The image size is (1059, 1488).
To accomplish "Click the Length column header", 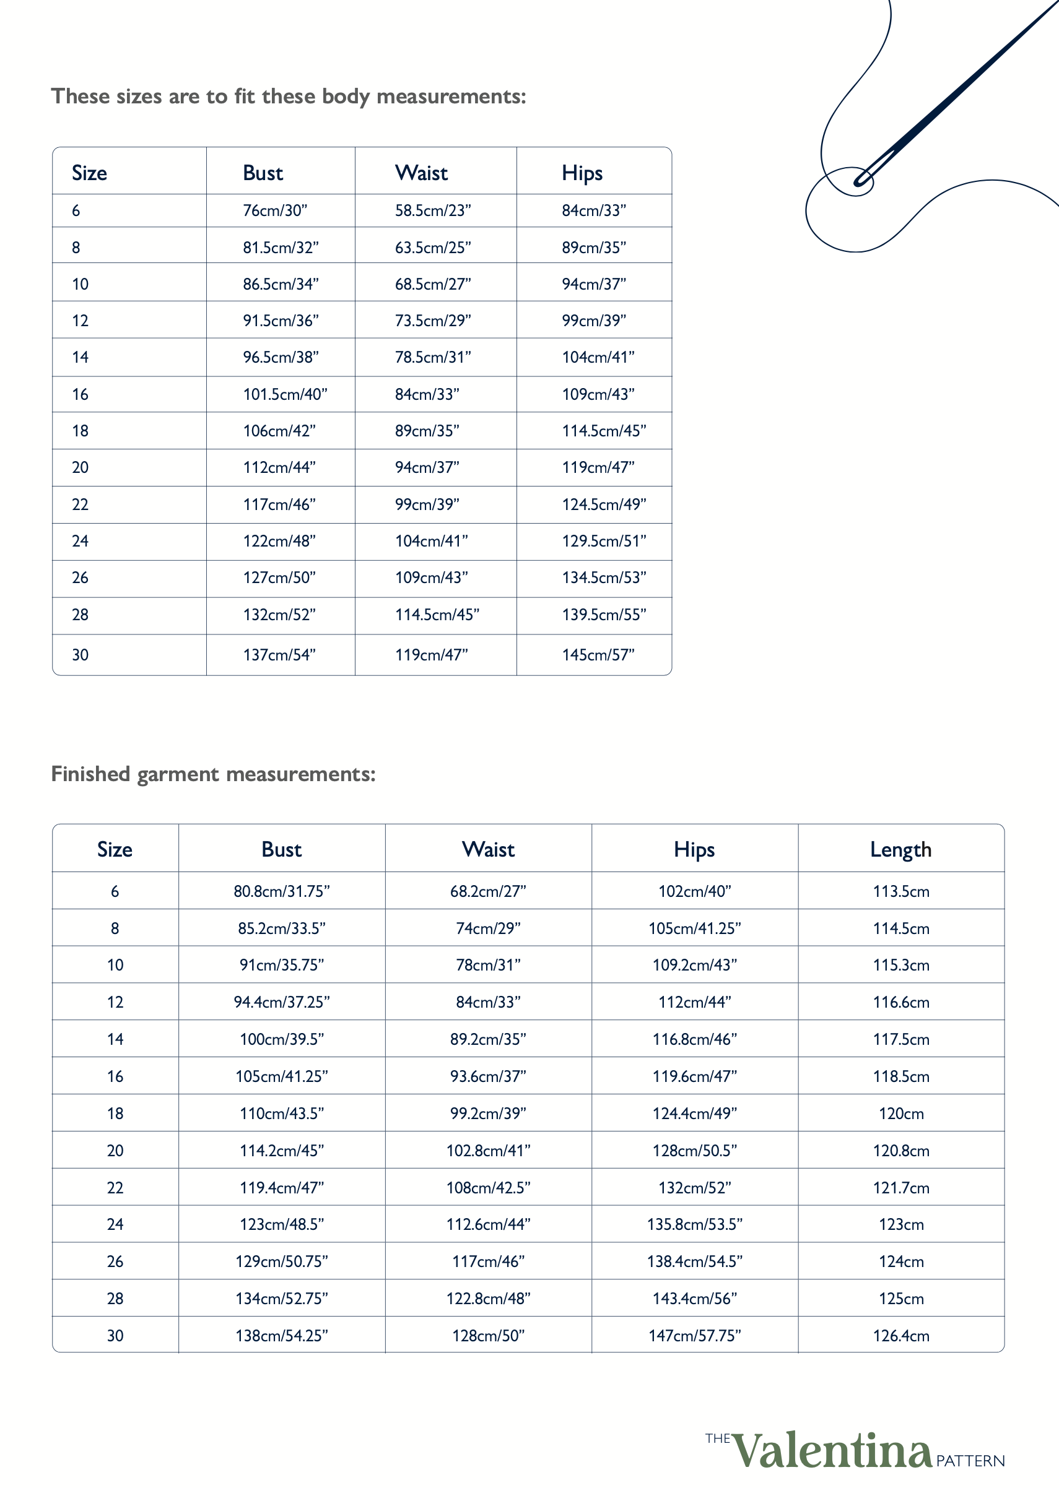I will click(x=900, y=849).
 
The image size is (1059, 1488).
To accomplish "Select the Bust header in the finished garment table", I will click(x=281, y=849).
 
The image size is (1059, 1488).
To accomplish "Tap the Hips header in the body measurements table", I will click(x=582, y=173).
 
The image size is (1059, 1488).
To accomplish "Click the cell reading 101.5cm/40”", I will click(x=285, y=394).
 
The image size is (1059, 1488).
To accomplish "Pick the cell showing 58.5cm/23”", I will click(x=432, y=210).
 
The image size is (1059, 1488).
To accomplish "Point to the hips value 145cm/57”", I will click(x=598, y=654).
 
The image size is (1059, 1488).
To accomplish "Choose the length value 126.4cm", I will click(x=900, y=1336).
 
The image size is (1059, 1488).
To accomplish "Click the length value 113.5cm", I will click(x=900, y=891).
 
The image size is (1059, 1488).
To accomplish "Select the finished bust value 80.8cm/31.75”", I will click(x=282, y=891).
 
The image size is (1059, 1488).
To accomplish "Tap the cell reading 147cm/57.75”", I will click(x=694, y=1336).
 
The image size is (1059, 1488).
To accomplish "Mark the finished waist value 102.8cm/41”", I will click(x=488, y=1151).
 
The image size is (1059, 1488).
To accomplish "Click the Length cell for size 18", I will click(x=900, y=1114).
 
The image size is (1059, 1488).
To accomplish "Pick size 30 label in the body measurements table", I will click(x=81, y=654).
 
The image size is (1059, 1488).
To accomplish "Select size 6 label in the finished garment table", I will click(x=115, y=891).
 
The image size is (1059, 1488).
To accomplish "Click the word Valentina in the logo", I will click(x=832, y=1451).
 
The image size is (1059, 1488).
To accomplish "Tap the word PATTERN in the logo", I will click(x=970, y=1461).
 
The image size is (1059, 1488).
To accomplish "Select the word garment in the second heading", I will click(x=177, y=774).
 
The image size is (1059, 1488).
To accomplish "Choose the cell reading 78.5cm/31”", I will click(x=432, y=357).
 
